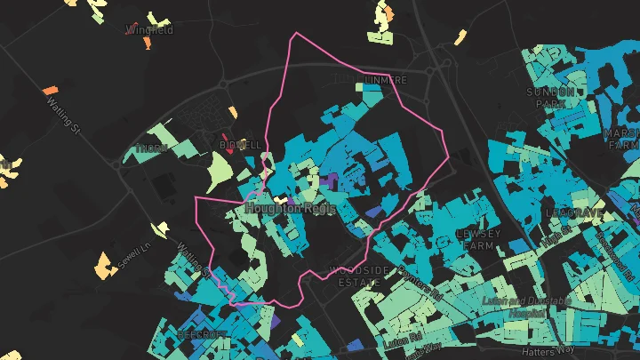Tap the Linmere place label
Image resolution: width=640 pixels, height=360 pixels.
pyautogui.click(x=385, y=80)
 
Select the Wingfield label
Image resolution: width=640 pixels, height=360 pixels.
pyautogui.click(x=150, y=30)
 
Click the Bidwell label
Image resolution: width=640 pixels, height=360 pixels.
pyautogui.click(x=240, y=144)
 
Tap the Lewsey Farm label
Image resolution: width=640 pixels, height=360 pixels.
pyautogui.click(x=477, y=239)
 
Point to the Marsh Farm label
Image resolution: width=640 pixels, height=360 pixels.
pyautogui.click(x=621, y=138)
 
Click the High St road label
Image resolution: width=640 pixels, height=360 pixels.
pyautogui.click(x=557, y=235)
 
